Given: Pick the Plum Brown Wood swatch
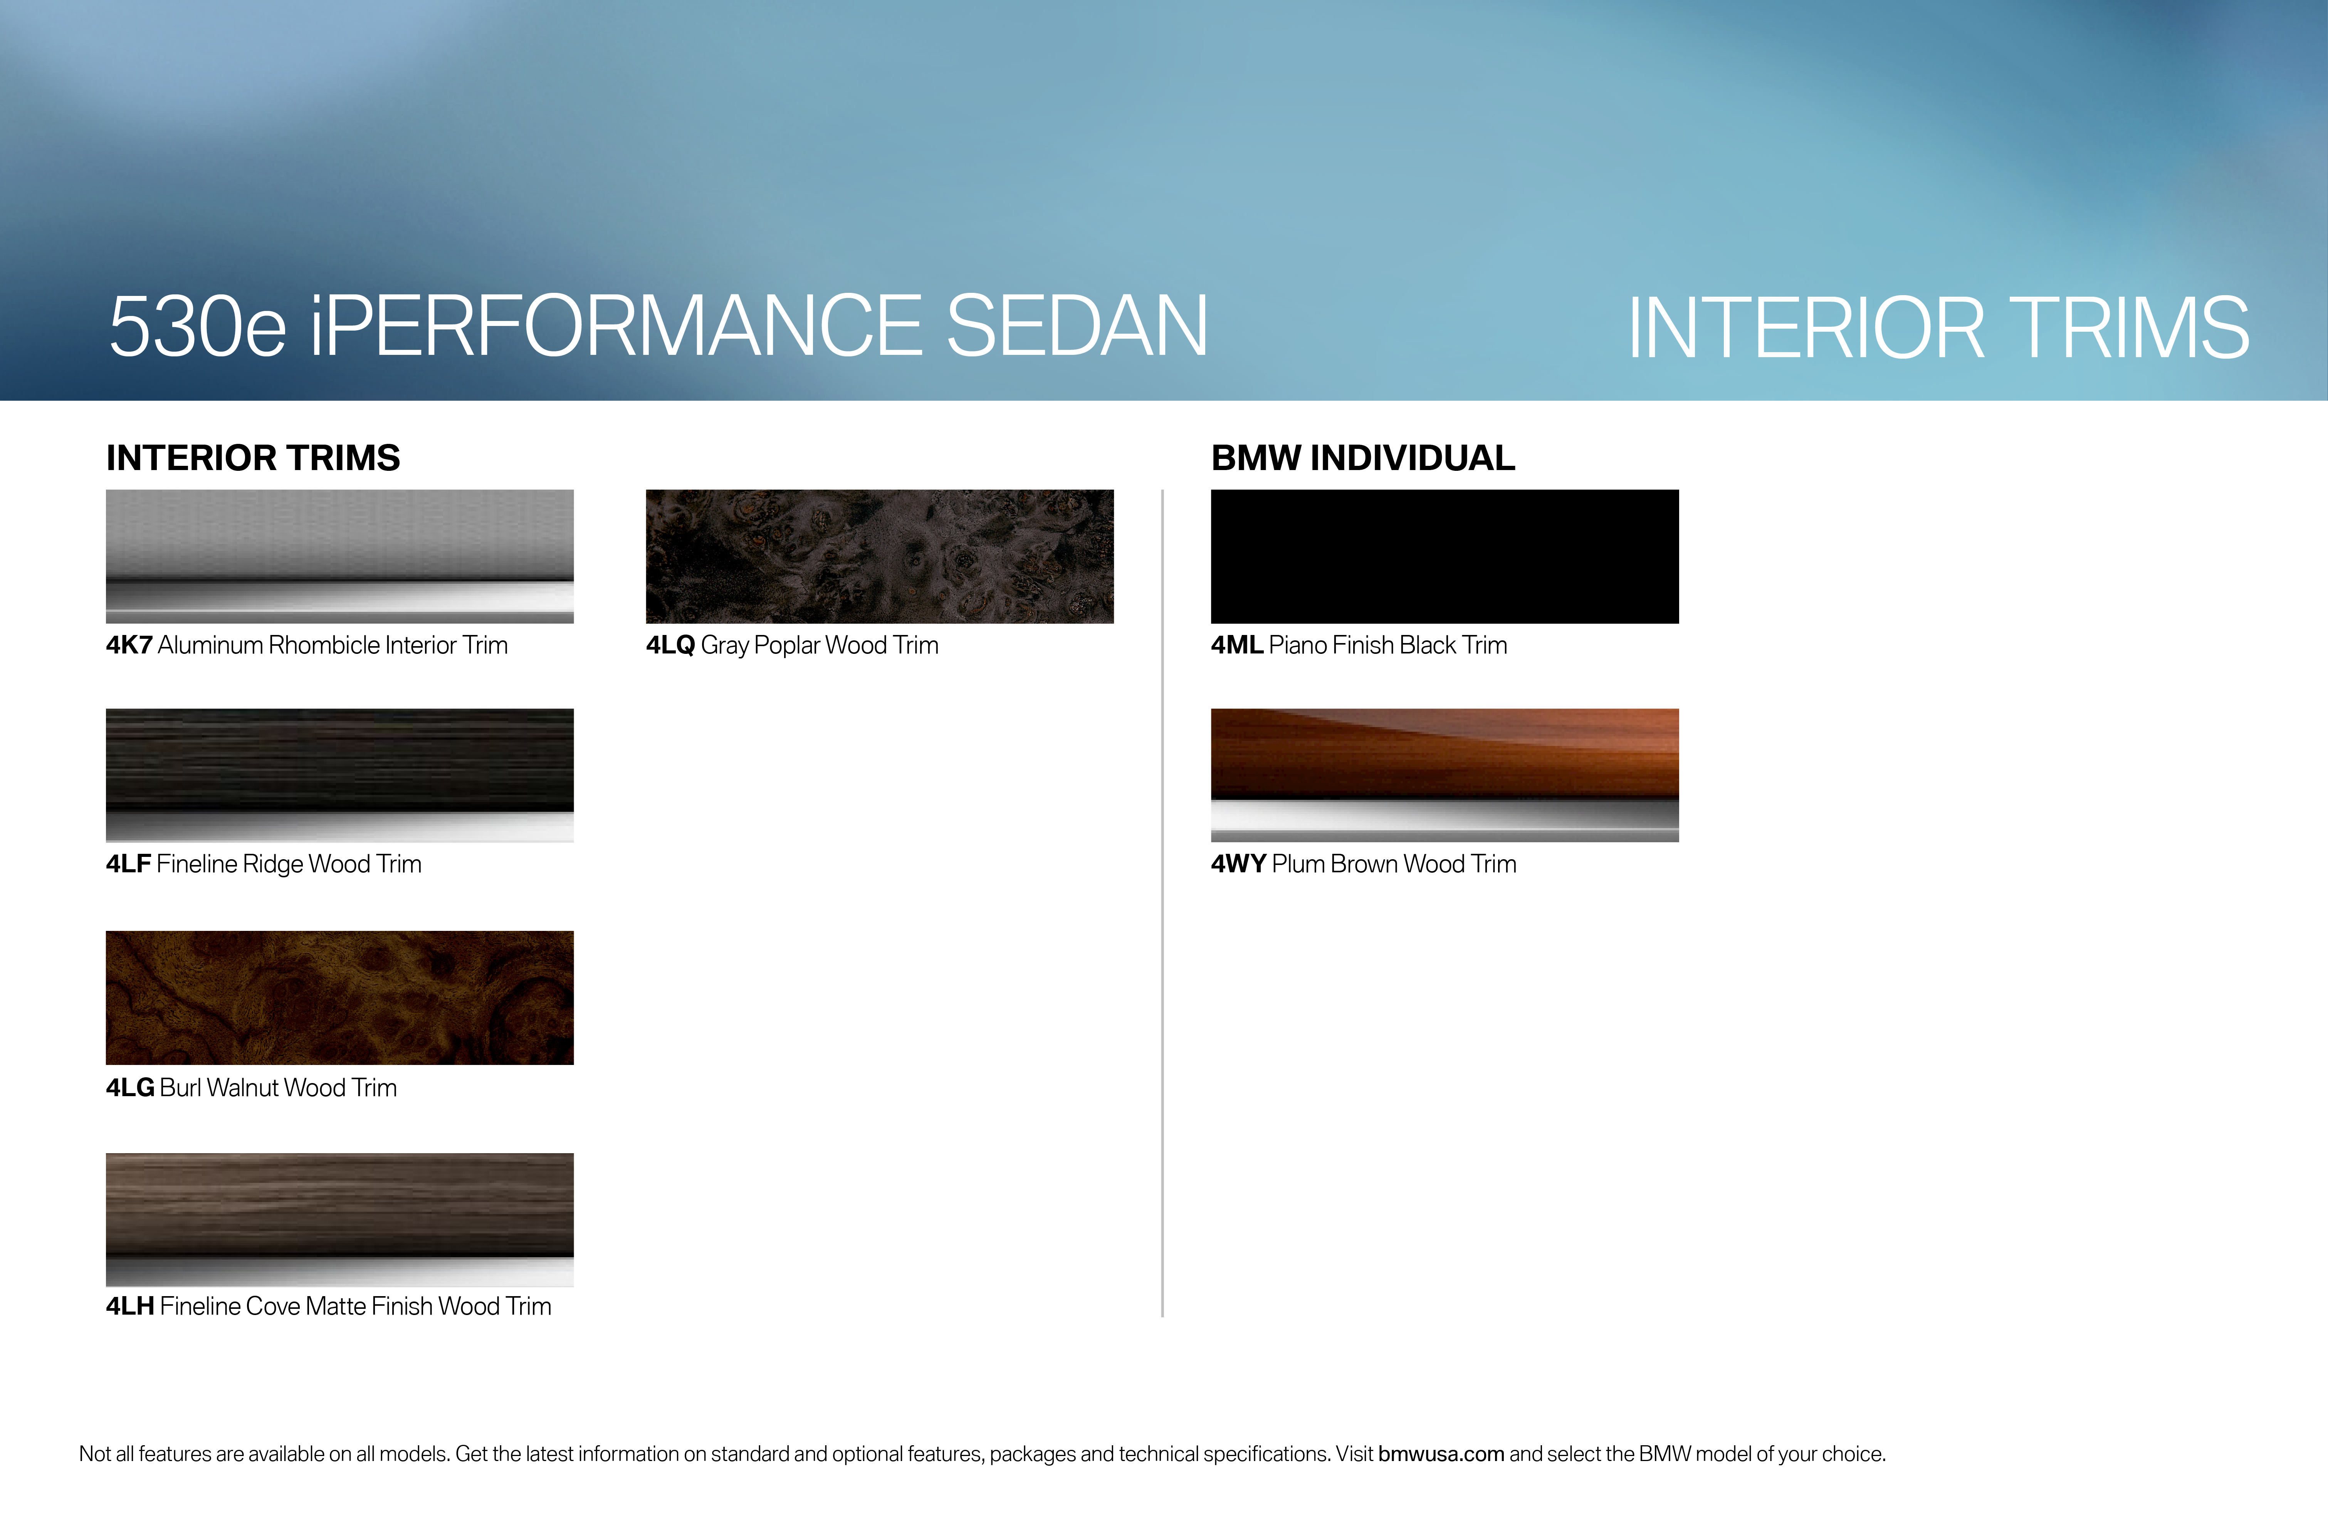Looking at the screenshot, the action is (1445, 775).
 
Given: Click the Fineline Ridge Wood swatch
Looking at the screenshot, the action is (339, 775).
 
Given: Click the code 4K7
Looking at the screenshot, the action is (129, 646).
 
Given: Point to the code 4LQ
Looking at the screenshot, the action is (670, 646).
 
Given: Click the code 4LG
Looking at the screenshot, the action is (130, 1088).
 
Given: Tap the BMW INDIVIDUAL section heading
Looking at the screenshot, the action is (1362, 458).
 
